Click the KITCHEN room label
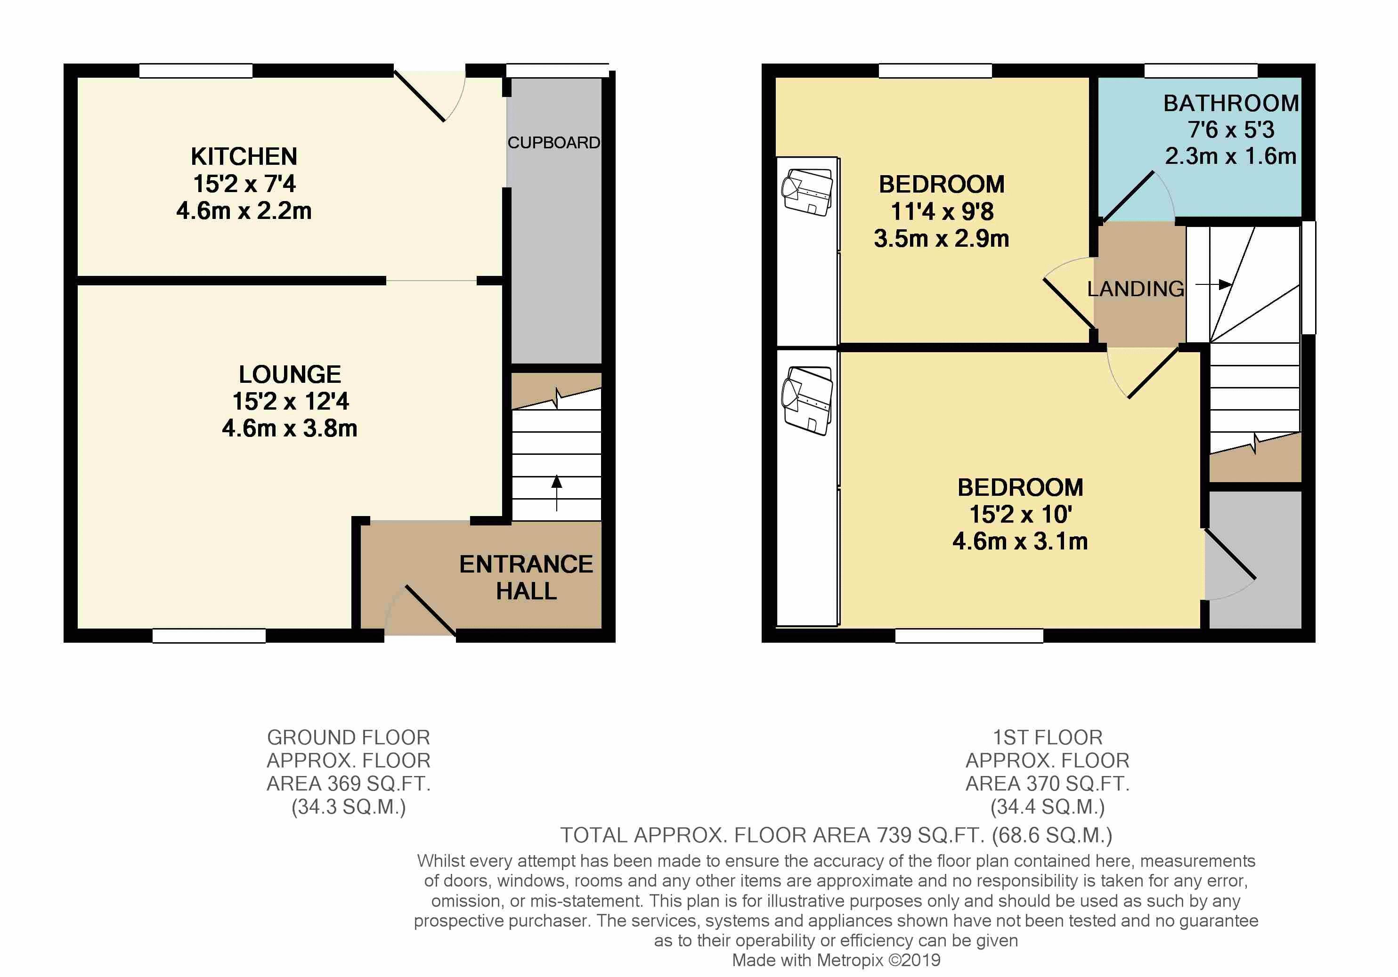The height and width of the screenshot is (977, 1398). click(x=244, y=156)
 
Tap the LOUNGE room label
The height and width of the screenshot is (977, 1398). click(x=290, y=374)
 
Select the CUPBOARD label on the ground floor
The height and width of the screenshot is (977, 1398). click(x=554, y=143)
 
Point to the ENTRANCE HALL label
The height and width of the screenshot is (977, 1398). click(x=526, y=577)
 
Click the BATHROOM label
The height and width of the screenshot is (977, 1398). click(x=1231, y=104)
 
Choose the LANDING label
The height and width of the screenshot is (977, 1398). click(x=1136, y=289)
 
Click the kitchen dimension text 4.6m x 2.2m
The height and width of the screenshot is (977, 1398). click(x=244, y=210)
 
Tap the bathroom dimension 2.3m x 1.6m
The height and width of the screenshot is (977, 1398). click(x=1231, y=156)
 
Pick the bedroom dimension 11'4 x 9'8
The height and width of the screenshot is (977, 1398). click(x=942, y=211)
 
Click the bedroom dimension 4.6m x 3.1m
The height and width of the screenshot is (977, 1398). click(x=1021, y=541)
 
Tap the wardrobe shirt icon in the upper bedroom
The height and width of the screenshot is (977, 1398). click(x=807, y=192)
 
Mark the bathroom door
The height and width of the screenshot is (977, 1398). click(x=1128, y=196)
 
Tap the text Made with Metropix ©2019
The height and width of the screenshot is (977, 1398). click(x=836, y=961)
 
